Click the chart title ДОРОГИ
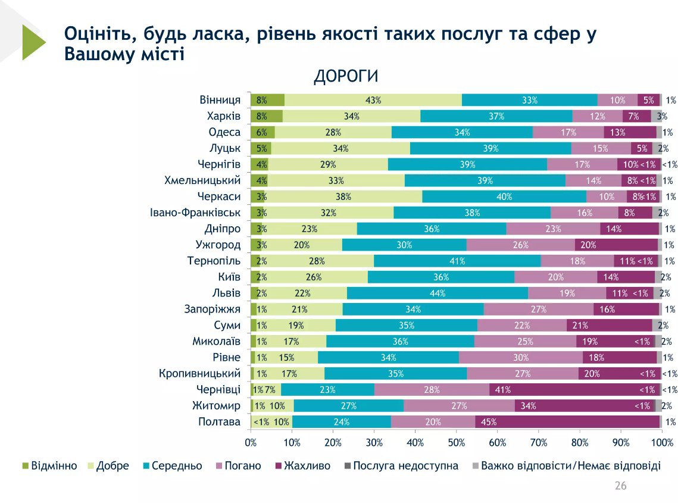[346, 77]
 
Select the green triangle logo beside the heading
[33, 42]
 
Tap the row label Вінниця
[220, 100]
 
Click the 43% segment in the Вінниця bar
[373, 100]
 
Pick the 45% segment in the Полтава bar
[567, 422]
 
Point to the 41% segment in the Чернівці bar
[574, 390]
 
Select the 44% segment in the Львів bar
[438, 293]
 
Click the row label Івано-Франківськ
[195, 213]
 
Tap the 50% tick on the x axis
[456, 442]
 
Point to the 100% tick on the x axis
[662, 442]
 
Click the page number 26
[620, 486]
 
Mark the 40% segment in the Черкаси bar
[504, 196]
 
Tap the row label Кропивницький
[200, 374]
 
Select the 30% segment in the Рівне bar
[521, 358]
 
